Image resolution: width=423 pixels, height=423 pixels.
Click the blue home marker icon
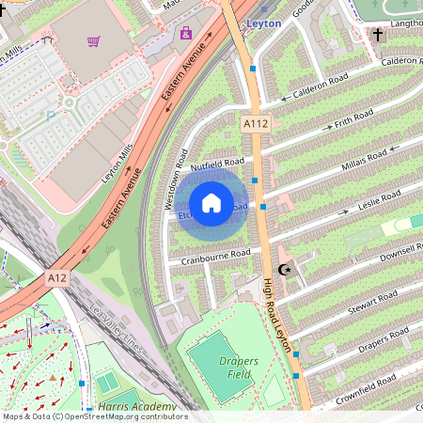click(211, 203)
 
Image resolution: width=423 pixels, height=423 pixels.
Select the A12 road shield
click(57, 278)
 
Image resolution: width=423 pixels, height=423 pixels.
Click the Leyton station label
click(263, 23)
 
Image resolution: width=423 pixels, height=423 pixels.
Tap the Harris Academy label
click(130, 407)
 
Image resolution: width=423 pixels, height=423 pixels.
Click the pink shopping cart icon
click(93, 41)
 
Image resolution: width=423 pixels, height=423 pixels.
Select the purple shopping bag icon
click(185, 34)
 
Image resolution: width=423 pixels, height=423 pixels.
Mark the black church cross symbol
click(378, 35)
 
